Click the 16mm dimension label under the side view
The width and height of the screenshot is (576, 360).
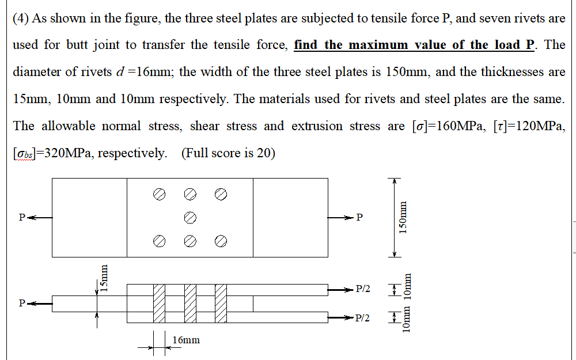(x=186, y=340)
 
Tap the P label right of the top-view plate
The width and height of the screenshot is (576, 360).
(x=360, y=218)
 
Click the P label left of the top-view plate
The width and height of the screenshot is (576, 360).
(x=22, y=218)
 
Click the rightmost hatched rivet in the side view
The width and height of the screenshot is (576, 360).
(x=221, y=303)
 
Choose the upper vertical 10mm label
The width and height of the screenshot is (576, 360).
(x=407, y=288)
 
